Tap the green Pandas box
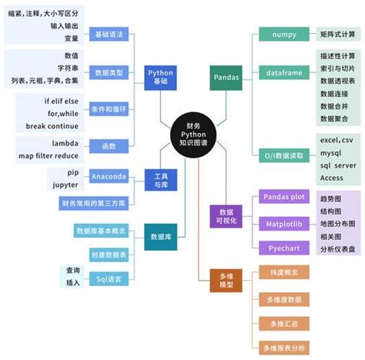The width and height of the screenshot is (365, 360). click(225, 77)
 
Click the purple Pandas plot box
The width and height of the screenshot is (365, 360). click(285, 197)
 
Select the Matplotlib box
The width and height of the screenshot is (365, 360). click(285, 223)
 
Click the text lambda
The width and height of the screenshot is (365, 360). click(65, 144)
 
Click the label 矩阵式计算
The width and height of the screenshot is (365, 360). click(337, 35)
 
